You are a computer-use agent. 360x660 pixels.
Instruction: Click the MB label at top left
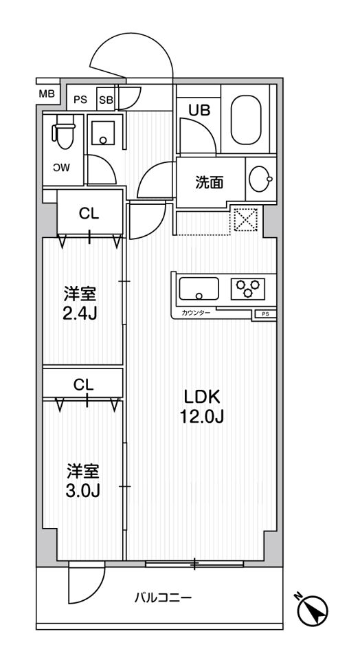(x=45, y=94)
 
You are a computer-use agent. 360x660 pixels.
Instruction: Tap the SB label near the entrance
(x=106, y=99)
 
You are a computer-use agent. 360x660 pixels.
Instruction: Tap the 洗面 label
(x=209, y=183)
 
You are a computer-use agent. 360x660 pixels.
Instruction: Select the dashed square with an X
(x=245, y=220)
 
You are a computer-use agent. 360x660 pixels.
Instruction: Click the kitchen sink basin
(x=199, y=288)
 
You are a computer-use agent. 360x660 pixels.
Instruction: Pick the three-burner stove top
(x=247, y=287)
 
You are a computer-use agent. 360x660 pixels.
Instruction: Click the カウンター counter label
(x=196, y=313)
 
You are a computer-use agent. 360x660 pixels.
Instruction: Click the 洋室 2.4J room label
(x=80, y=303)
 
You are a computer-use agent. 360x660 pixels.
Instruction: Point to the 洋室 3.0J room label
(x=82, y=481)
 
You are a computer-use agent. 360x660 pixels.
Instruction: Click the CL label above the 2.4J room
(x=89, y=213)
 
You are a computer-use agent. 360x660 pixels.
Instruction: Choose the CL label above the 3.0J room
(x=83, y=385)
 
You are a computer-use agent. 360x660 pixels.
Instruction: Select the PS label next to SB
(x=80, y=99)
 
